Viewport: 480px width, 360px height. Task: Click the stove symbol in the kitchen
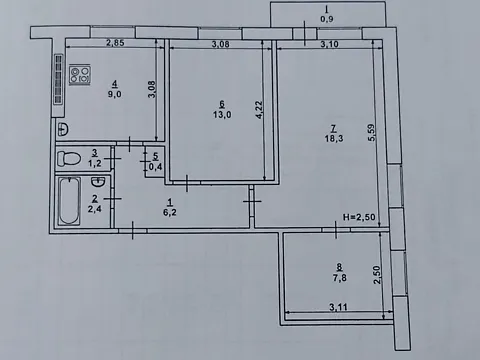(80, 75)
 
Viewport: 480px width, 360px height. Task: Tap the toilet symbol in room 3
(69, 159)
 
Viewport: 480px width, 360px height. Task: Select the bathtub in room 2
(69, 201)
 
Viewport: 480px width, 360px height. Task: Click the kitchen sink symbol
(63, 129)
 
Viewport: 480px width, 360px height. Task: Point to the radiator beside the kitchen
(59, 79)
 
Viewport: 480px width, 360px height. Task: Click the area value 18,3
(334, 138)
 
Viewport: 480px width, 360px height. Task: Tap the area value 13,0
(222, 115)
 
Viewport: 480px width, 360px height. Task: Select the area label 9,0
(114, 94)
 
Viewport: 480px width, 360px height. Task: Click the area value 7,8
(339, 277)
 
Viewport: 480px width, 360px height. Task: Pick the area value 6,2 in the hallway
(170, 212)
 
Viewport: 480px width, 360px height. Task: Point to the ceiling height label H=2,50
(359, 217)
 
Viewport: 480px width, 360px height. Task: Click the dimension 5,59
(371, 132)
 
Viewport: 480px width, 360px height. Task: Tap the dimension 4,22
(259, 109)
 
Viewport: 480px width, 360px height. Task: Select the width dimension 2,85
(115, 43)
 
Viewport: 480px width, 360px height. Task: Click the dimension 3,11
(338, 307)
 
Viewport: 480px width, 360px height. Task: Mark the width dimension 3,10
(329, 44)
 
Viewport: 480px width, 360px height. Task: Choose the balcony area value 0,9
(327, 19)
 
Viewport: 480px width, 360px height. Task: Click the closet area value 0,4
(155, 166)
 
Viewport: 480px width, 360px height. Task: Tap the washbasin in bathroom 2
(98, 182)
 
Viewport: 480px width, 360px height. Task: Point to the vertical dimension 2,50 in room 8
(377, 274)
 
